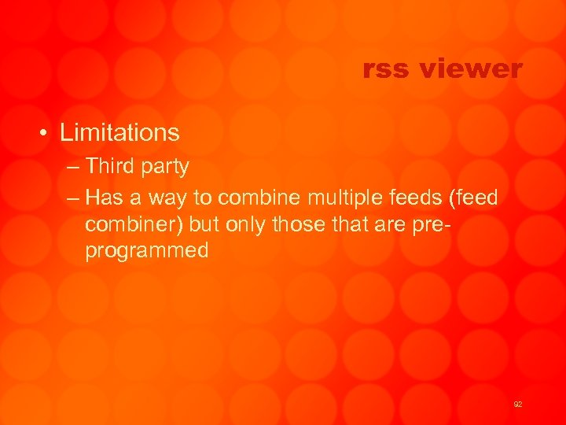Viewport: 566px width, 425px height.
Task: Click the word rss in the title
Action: click(386, 70)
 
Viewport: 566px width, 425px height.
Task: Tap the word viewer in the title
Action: click(470, 70)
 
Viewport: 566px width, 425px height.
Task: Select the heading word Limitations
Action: click(119, 132)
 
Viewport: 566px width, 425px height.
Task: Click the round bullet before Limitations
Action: click(46, 133)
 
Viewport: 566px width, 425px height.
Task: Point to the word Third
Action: click(110, 166)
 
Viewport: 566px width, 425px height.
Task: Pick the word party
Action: click(164, 167)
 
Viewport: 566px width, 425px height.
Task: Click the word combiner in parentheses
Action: click(134, 224)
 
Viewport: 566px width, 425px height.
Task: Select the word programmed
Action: click(147, 251)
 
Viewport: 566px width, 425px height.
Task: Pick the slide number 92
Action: click(517, 404)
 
